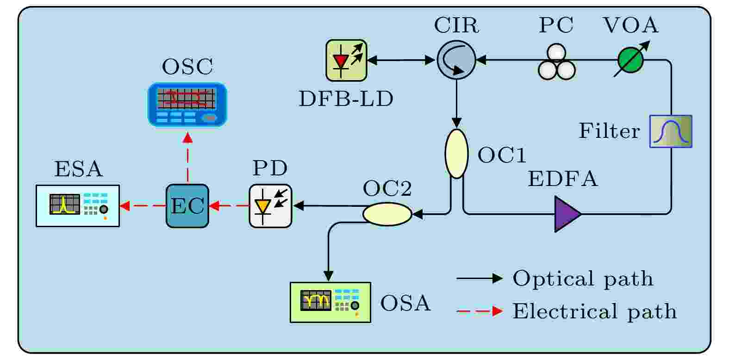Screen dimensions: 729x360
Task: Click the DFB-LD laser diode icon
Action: click(x=346, y=60)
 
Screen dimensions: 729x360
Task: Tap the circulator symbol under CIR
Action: click(x=456, y=60)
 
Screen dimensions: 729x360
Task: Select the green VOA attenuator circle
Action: click(x=630, y=60)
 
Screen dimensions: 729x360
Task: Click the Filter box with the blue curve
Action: click(x=671, y=131)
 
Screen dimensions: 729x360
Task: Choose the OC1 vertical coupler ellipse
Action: click(x=456, y=154)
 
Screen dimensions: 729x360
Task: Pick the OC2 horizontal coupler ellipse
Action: click(x=387, y=214)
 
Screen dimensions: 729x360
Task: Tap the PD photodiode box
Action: click(x=270, y=206)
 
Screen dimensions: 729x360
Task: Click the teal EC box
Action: click(x=187, y=206)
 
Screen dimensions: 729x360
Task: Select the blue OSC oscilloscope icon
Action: click(x=187, y=104)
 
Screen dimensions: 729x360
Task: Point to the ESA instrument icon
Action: click(x=78, y=206)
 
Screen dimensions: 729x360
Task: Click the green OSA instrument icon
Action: click(x=330, y=302)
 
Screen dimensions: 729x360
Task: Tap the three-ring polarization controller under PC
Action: click(x=556, y=62)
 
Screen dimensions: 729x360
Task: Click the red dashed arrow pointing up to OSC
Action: click(x=188, y=157)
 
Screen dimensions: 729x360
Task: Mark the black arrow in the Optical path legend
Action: click(x=480, y=278)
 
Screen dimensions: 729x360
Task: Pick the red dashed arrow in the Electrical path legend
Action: click(x=480, y=311)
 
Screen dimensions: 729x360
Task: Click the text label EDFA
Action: click(x=563, y=179)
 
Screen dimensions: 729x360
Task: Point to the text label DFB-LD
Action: click(x=346, y=99)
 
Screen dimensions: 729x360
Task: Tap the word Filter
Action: click(x=610, y=131)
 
